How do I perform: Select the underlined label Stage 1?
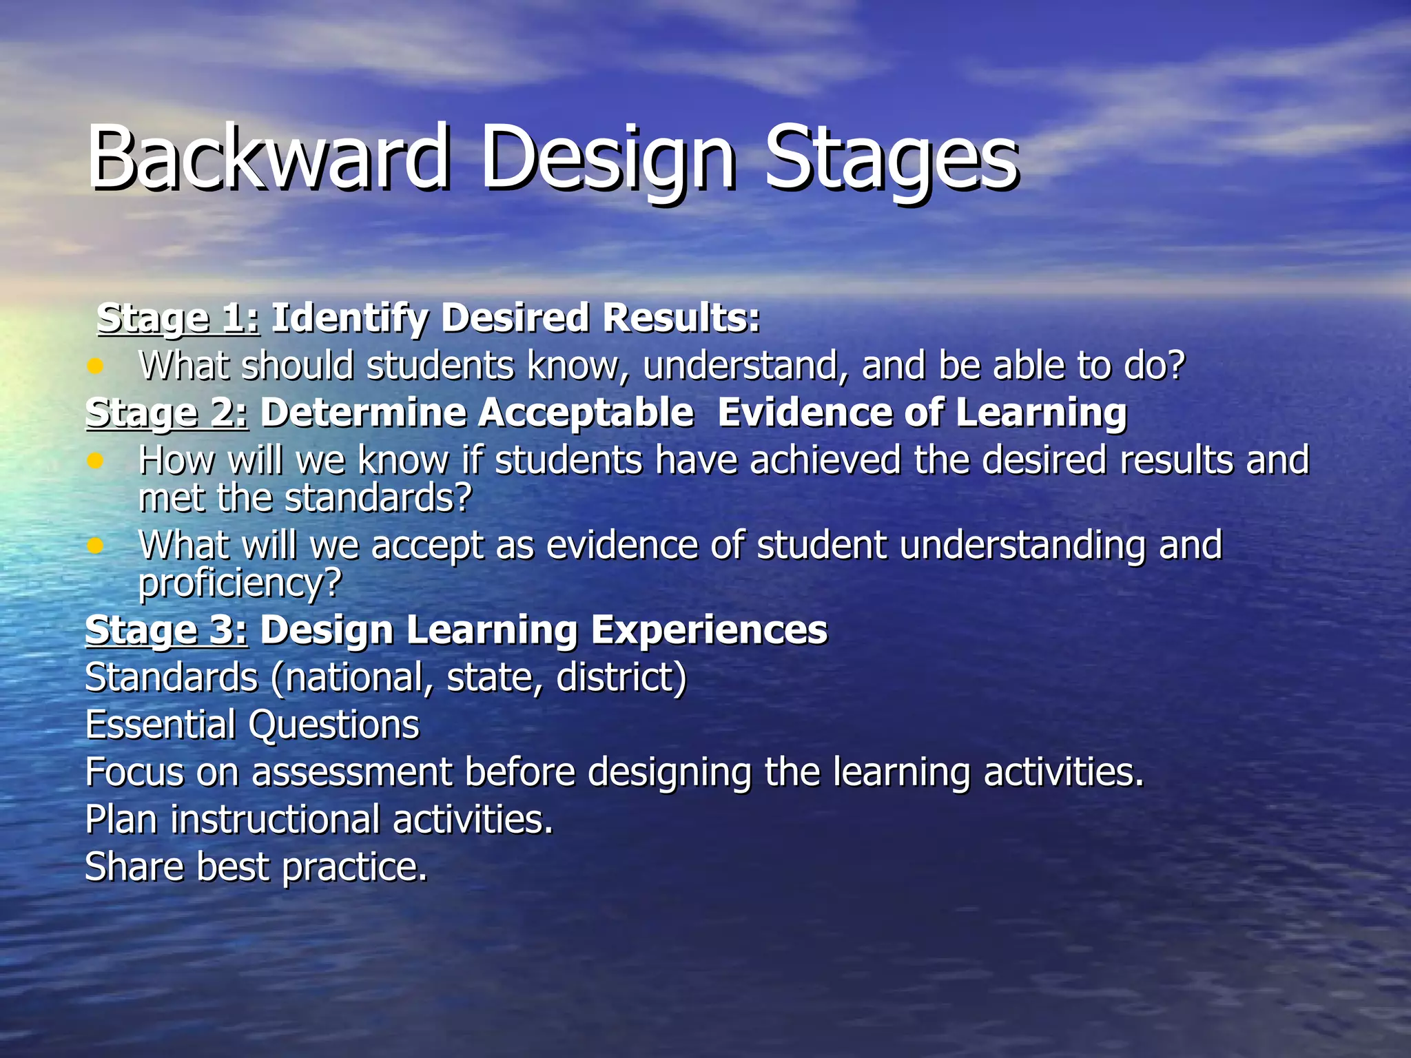pos(178,318)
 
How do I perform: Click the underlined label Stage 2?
pos(166,413)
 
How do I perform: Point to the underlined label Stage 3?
pos(166,630)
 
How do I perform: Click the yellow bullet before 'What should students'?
pos(95,366)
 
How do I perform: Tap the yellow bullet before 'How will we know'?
pos(95,460)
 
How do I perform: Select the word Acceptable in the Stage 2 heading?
pos(586,413)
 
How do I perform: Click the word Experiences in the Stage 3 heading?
pos(709,630)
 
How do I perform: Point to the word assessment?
pos(351,772)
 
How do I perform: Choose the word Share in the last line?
pos(134,867)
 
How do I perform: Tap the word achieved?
pos(825,460)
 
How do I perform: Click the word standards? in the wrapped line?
pos(378,498)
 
